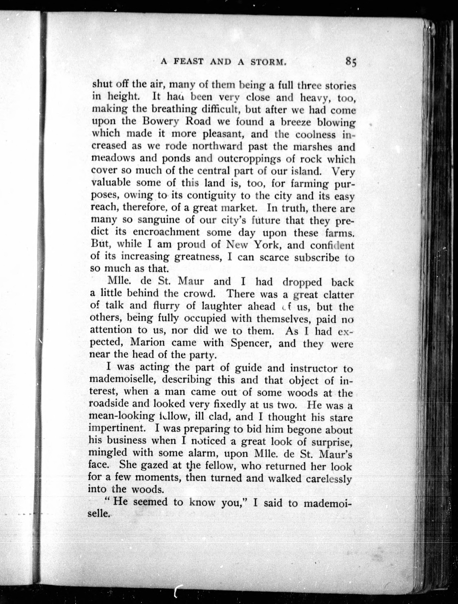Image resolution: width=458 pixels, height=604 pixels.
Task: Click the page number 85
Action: [351, 62]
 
